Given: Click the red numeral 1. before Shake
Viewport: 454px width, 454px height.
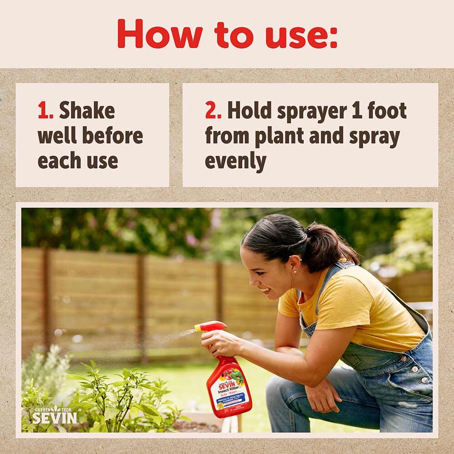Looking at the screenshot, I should tap(44, 111).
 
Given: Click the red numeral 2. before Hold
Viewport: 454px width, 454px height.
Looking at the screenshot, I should tap(212, 111).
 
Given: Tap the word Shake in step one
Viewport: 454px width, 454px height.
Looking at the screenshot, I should tap(87, 111).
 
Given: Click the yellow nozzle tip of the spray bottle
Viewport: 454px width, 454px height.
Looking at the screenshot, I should tap(197, 327).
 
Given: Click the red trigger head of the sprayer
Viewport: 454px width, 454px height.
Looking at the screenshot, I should tap(213, 326).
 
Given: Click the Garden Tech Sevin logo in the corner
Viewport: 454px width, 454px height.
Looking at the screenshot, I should tap(54, 415).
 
